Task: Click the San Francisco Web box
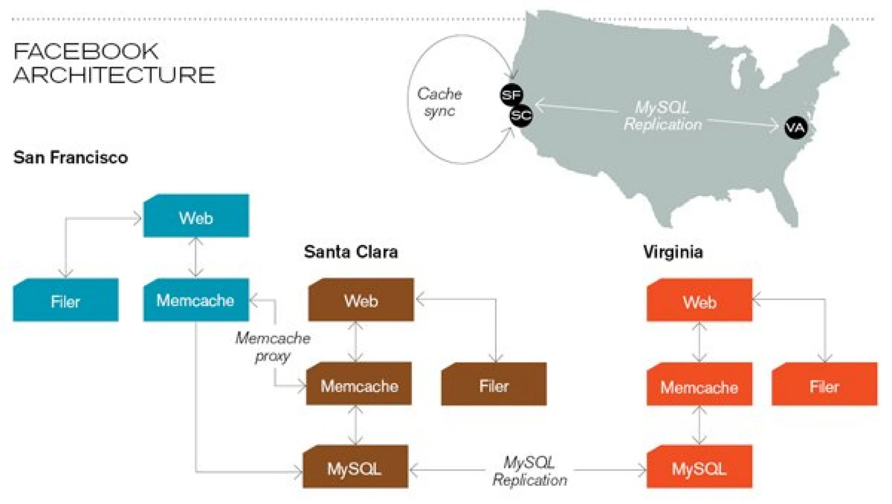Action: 196,216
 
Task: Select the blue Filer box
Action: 66,300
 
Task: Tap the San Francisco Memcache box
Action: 196,300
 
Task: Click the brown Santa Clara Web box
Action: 361,300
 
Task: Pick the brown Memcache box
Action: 359,384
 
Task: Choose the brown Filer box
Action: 494,384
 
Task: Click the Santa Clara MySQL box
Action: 355,467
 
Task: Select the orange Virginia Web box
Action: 699,300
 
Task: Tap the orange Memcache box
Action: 699,384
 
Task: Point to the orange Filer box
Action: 824,384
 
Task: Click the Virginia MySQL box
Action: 699,467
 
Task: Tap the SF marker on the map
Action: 511,95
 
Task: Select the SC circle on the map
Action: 521,116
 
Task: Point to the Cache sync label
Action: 440,102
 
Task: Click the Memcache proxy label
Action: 273,347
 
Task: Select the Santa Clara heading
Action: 351,251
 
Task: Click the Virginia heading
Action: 673,251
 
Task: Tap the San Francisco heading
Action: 71,157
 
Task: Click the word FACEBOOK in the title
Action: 86,51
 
